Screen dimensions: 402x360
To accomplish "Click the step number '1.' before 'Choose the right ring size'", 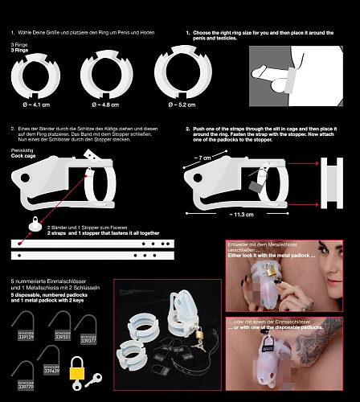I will [188, 33].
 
